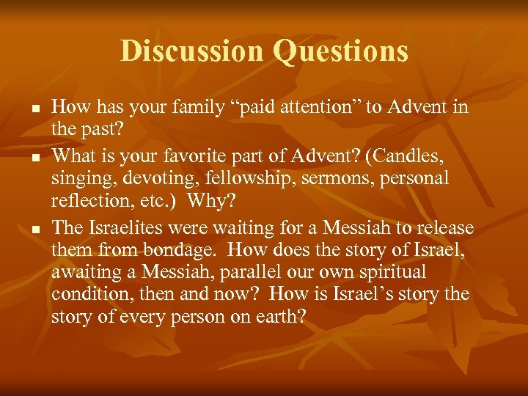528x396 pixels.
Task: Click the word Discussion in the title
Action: click(x=191, y=51)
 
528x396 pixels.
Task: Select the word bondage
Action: click(x=175, y=251)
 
